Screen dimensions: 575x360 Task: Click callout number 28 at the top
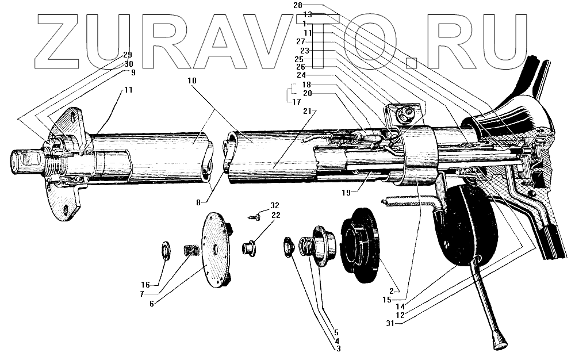[297, 5]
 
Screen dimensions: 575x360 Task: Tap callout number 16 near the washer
[146, 284]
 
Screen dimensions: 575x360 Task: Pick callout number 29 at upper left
[128, 55]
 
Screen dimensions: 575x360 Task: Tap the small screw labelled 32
[254, 217]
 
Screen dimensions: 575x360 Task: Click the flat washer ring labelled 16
[164, 251]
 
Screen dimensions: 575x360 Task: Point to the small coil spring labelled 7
[191, 251]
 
